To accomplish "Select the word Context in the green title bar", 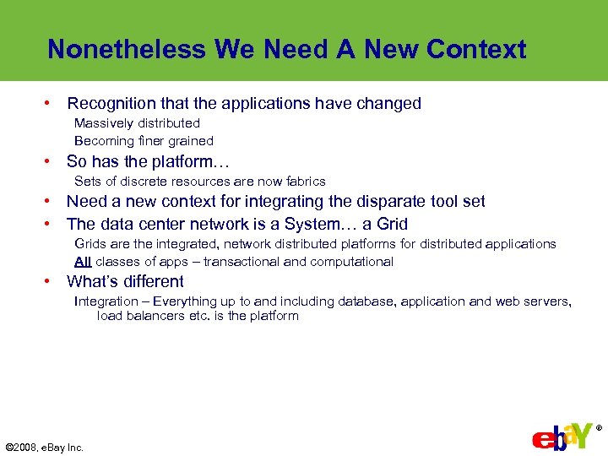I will click(x=476, y=49).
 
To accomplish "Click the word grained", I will click(x=191, y=141).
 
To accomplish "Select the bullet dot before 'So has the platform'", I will click(x=51, y=160).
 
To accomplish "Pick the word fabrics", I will click(x=304, y=182).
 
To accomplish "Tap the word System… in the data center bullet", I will click(x=321, y=224).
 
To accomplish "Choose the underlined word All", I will click(x=83, y=262).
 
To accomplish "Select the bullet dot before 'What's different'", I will click(x=51, y=281).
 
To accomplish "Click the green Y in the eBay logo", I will click(x=579, y=435).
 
